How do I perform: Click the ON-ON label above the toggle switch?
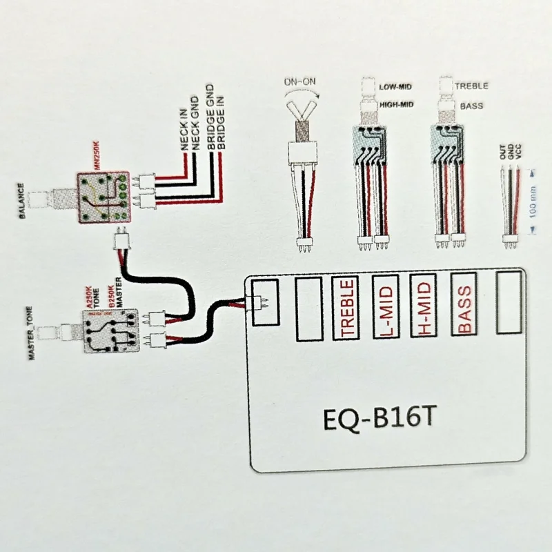299,82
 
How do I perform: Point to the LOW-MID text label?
395,88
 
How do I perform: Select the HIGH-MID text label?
397,105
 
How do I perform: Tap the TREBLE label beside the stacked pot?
472,86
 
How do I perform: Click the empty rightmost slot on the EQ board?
510,303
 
